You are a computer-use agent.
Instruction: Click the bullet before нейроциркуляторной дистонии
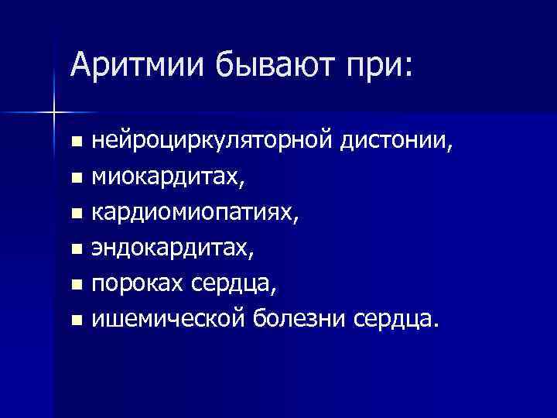[x=75, y=143]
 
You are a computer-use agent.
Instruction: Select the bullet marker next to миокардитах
[x=75, y=179]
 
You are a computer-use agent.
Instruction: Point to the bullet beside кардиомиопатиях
[x=75, y=214]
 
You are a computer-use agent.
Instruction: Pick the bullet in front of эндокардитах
[x=75, y=249]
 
